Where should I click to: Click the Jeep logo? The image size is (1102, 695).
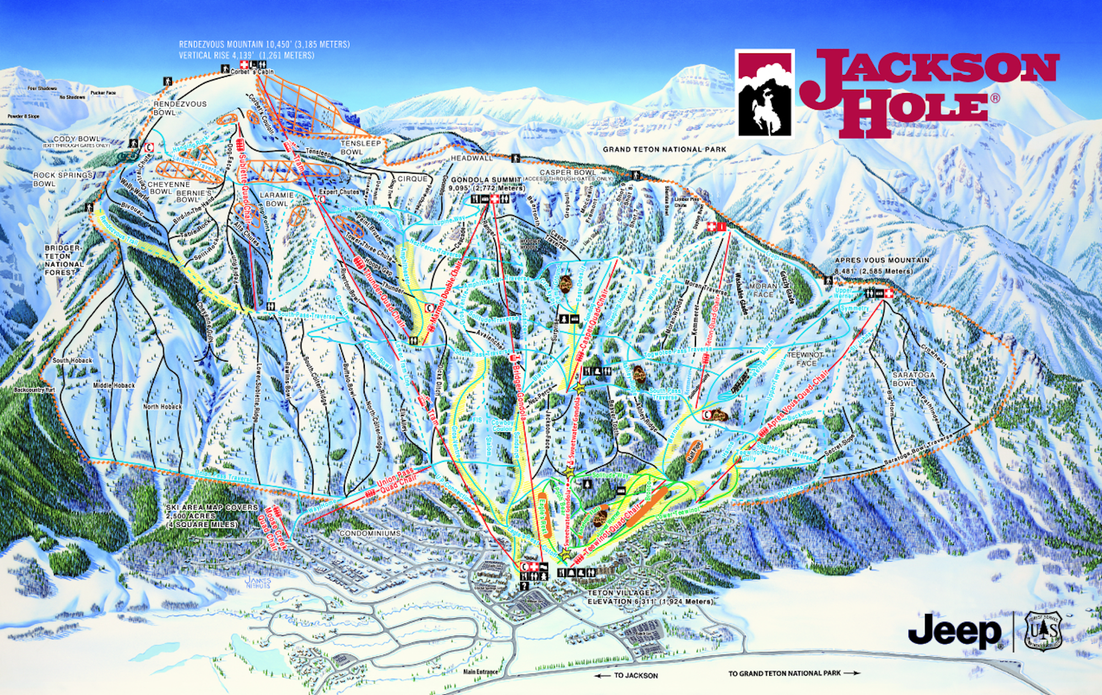(x=954, y=631)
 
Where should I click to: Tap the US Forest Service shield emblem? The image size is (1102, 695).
(x=1042, y=631)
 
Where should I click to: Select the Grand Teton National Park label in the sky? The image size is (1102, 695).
(x=664, y=149)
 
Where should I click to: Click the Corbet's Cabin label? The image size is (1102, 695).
(x=252, y=72)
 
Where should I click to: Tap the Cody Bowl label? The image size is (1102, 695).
(x=77, y=139)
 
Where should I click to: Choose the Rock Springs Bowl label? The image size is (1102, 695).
(x=62, y=179)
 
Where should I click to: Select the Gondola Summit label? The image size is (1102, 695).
(x=486, y=180)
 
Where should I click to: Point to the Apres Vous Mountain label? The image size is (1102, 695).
(x=882, y=260)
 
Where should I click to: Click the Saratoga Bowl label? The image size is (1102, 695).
(x=914, y=379)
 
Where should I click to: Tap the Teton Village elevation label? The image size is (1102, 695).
(x=649, y=597)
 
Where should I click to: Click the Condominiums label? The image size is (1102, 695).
(x=370, y=534)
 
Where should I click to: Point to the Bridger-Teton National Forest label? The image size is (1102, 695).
(x=64, y=260)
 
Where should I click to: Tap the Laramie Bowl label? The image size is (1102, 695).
(x=276, y=199)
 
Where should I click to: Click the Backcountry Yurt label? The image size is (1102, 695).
(x=34, y=390)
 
